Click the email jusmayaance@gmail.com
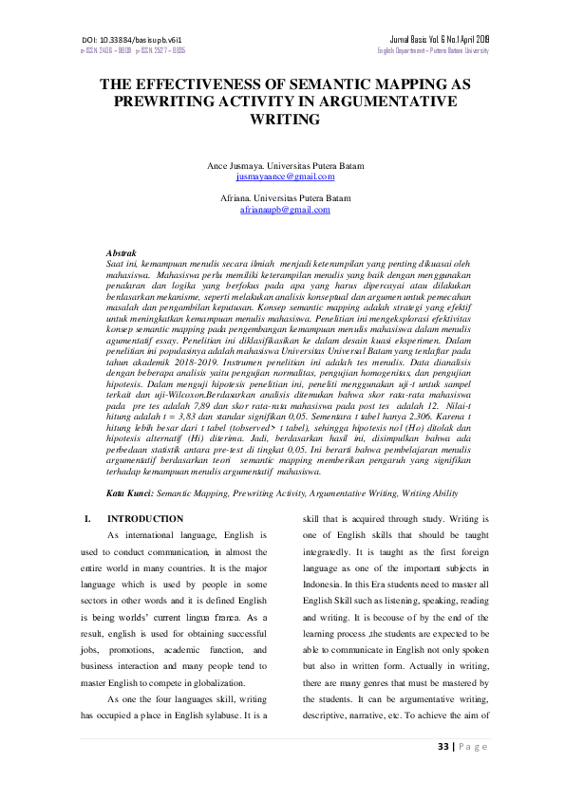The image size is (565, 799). tap(285, 177)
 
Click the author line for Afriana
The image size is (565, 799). tap(285, 197)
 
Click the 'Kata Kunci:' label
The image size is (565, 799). tap(130, 494)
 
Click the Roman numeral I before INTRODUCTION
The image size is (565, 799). tap(87, 519)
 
